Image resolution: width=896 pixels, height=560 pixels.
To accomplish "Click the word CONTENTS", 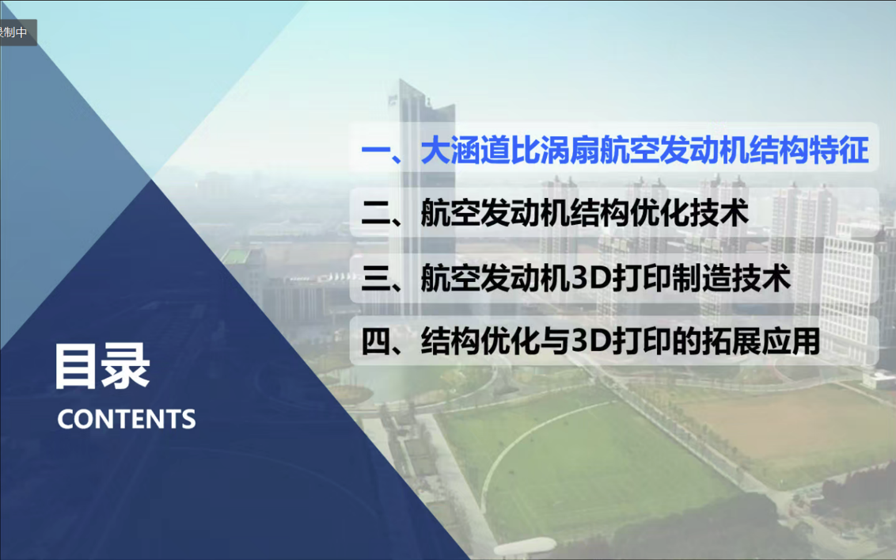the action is tap(127, 419).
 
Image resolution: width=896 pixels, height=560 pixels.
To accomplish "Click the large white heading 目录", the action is tap(102, 366).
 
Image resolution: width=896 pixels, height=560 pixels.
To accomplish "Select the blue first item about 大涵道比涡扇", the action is tap(615, 150).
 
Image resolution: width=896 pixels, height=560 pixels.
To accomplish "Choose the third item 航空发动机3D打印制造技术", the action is tap(576, 278).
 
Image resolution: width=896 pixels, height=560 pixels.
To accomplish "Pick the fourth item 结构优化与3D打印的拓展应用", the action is tap(590, 341).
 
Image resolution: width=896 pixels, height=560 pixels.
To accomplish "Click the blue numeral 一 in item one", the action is tap(375, 150).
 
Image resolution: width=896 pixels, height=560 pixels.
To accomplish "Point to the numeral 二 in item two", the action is tap(375, 213).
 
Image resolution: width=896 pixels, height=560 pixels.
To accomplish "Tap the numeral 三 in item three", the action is tap(375, 279).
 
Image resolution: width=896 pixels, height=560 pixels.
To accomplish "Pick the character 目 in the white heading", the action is tap(77, 366).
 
